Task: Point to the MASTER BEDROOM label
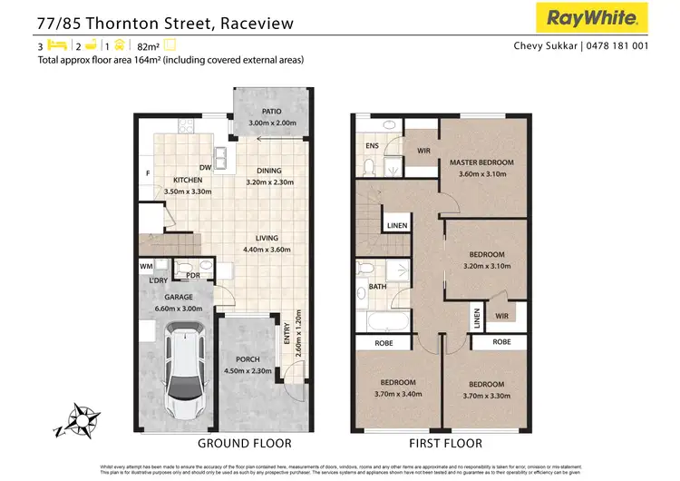[481, 162]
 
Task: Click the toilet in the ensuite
[369, 166]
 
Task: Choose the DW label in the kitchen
[206, 168]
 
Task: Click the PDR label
[192, 276]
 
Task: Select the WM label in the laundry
[146, 266]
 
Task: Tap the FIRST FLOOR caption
[444, 444]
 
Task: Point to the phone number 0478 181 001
[617, 47]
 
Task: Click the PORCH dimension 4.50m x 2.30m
[248, 370]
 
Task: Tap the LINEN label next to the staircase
[396, 226]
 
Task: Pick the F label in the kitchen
[147, 172]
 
